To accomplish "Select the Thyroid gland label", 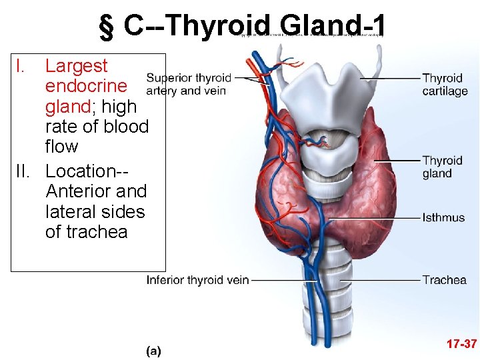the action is (442, 167).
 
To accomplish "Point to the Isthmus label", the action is (443, 217).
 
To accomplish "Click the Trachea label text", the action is (444, 280).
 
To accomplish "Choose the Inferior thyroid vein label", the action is (197, 280).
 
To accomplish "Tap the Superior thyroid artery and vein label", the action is (189, 84).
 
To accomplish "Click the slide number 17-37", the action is (462, 344).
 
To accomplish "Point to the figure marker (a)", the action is (153, 349).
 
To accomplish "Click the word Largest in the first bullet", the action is (76, 66).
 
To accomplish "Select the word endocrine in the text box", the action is (85, 86).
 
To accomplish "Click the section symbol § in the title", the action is (105, 27).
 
